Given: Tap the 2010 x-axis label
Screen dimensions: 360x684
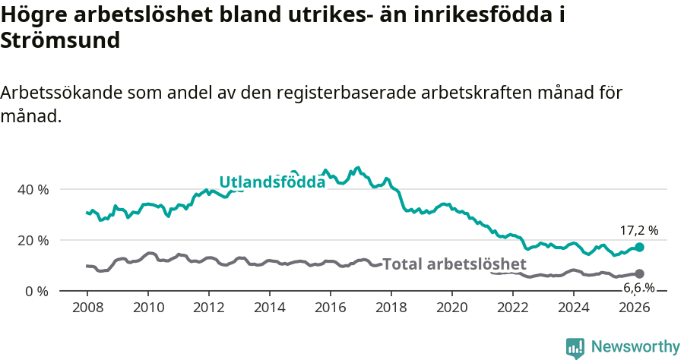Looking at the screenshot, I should tap(147, 307).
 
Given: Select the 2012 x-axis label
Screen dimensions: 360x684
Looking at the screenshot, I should tap(208, 307).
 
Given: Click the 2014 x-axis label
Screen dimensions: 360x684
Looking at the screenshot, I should tap(269, 307).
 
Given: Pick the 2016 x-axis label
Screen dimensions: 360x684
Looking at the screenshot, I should tap(330, 307).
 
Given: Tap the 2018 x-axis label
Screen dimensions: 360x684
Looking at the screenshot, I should tap(391, 307).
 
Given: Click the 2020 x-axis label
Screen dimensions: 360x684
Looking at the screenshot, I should tap(451, 307).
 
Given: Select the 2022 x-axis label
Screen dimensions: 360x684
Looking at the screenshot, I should tap(512, 307).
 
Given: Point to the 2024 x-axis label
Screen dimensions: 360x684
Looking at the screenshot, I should tap(574, 307).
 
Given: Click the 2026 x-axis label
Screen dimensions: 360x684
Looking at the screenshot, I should tap(635, 307).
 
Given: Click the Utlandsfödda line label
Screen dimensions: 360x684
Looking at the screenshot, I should tap(272, 182).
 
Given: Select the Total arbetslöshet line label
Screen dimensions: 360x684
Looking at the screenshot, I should tap(454, 264).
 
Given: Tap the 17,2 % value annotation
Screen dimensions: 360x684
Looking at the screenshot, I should tap(638, 229).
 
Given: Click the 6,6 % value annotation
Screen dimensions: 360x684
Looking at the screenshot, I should tap(638, 287).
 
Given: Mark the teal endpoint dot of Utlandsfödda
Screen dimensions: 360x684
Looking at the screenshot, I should tap(639, 247).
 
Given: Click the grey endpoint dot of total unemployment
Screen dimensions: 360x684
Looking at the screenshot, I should tap(639, 273).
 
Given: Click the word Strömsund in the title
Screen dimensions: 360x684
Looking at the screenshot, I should tap(60, 41).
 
